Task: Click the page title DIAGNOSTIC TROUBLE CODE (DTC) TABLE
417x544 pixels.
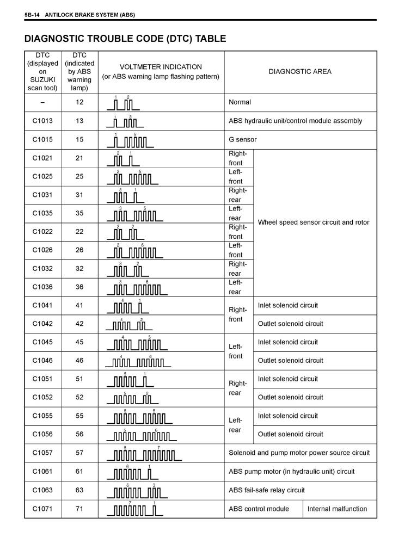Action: point(125,39)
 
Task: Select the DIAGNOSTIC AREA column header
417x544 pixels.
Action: point(299,71)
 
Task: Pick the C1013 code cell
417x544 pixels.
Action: point(42,121)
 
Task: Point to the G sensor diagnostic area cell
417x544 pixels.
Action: point(242,139)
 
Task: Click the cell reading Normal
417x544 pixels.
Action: point(240,102)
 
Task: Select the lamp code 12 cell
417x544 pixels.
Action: point(79,102)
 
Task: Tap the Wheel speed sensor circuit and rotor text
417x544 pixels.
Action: point(313,222)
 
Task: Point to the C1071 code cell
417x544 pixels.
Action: point(42,509)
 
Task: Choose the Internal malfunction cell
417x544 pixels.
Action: point(337,509)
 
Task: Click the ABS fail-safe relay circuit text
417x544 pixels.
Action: point(267,490)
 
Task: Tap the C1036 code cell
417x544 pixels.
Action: point(42,287)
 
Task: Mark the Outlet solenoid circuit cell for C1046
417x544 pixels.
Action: point(290,360)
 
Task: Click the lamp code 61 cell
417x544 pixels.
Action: point(79,472)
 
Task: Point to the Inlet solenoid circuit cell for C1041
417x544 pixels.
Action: point(287,305)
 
